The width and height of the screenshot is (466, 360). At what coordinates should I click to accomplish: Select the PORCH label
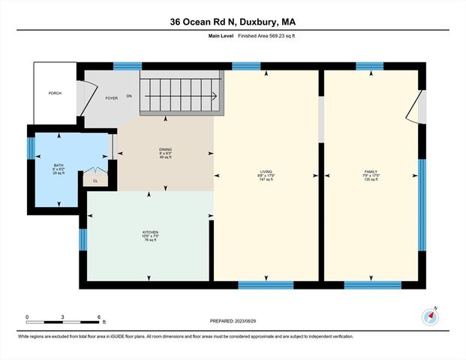55,93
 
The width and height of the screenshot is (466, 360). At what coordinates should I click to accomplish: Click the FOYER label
111,97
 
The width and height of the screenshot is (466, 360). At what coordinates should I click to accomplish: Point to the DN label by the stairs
130,96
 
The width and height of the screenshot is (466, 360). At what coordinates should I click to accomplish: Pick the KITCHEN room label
150,233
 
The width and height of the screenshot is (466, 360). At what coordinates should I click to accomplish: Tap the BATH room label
58,166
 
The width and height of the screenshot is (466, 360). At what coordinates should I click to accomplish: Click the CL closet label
95,181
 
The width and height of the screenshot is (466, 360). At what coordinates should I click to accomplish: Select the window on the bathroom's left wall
31,148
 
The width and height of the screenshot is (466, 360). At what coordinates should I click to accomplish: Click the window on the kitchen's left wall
83,239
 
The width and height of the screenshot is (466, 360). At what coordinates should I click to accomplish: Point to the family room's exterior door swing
414,107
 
